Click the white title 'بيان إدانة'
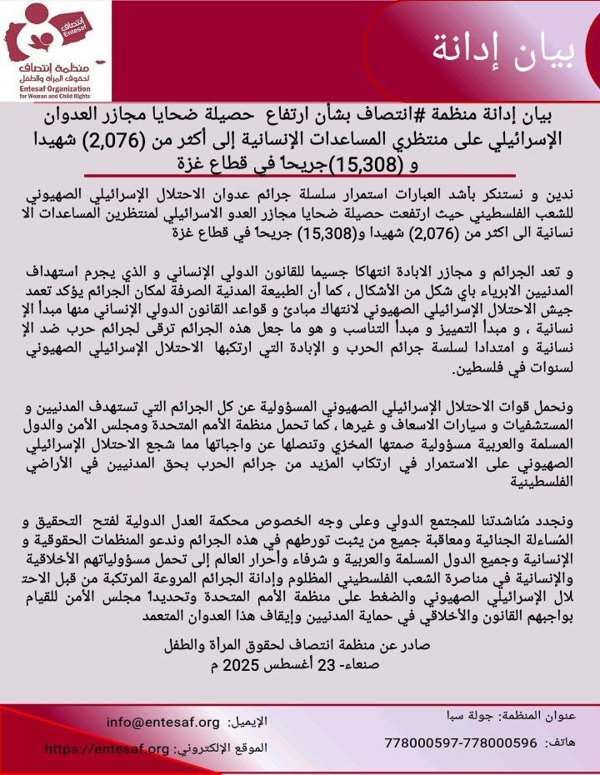click(x=503, y=51)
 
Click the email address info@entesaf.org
click(x=163, y=721)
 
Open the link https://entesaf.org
click(x=107, y=748)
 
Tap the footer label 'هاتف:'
click(x=557, y=742)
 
